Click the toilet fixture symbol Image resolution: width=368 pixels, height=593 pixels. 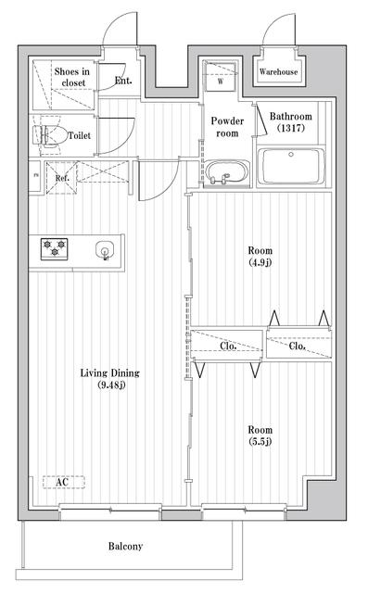[48, 134]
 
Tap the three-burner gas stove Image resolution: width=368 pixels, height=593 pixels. [54, 249]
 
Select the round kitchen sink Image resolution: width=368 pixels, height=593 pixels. [105, 250]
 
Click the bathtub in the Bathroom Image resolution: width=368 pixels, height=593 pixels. [290, 166]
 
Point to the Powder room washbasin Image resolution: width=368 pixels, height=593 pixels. [227, 173]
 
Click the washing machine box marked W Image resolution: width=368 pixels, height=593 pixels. [221, 76]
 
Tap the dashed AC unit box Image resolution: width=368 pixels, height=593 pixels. [63, 482]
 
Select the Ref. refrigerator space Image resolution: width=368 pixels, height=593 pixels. [62, 178]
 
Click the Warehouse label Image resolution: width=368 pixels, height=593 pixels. [278, 71]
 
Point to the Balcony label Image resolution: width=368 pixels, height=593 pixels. [125, 546]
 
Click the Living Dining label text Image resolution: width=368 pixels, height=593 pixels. [109, 373]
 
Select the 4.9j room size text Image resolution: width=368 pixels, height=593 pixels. [260, 261]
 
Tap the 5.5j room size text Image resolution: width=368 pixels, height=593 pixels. [260, 441]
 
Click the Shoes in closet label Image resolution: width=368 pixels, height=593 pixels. [72, 77]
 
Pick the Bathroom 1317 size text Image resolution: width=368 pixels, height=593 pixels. [291, 128]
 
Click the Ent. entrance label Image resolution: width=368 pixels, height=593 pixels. [123, 81]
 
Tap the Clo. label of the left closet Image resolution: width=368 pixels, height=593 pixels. [228, 346]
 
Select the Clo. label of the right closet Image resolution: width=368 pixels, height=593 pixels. [298, 346]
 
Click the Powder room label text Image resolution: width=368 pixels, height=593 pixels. [227, 127]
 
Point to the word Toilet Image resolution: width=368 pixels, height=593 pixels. [80, 135]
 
